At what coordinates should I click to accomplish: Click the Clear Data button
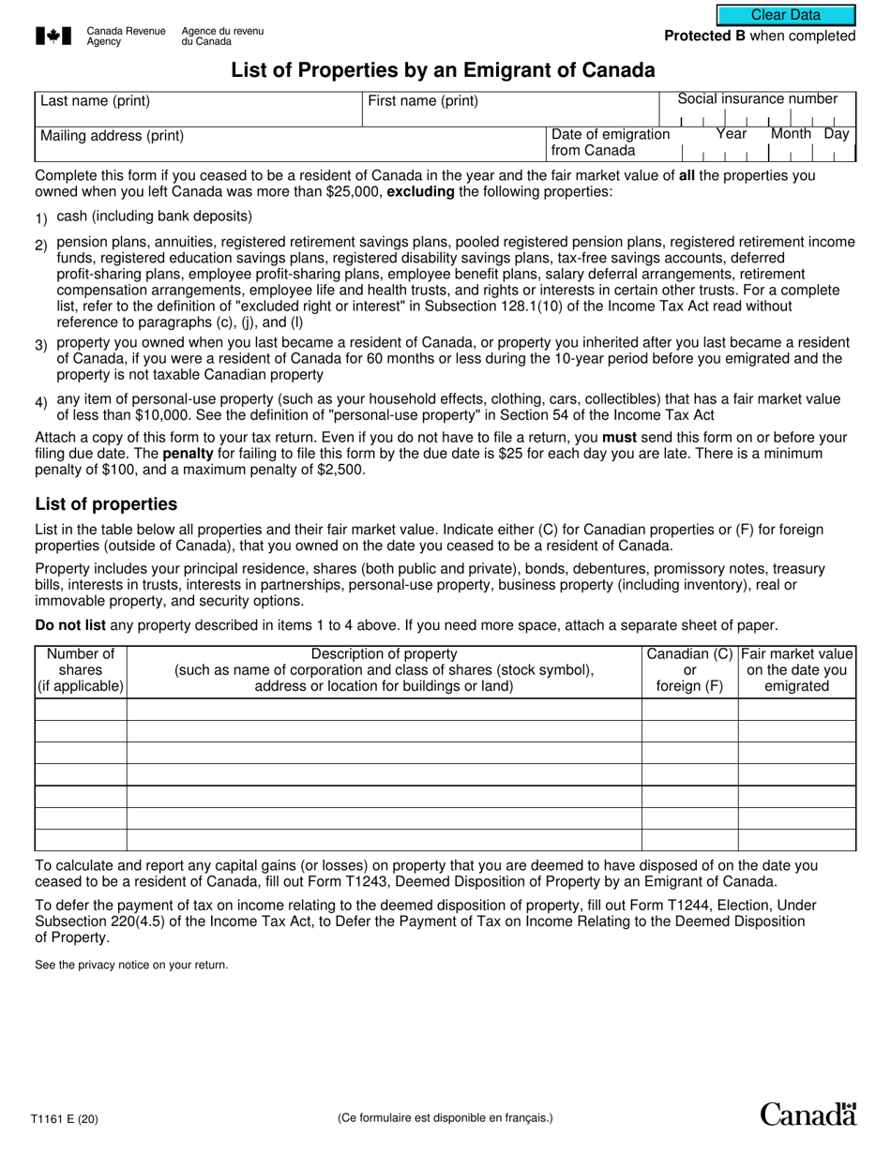pyautogui.click(x=786, y=15)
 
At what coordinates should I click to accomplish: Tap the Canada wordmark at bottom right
pyautogui.click(x=808, y=1114)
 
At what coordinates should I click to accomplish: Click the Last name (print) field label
pyautogui.click(x=95, y=101)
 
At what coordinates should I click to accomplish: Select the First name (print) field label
pyautogui.click(x=423, y=101)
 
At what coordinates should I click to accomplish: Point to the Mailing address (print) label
pyautogui.click(x=112, y=136)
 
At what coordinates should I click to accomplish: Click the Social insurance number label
pyautogui.click(x=757, y=99)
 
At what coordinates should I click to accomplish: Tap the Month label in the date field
pyautogui.click(x=790, y=134)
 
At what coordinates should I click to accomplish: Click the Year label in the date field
pyautogui.click(x=732, y=134)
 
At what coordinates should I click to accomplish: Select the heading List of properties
pyautogui.click(x=106, y=504)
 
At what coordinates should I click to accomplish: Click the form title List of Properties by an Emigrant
pyautogui.click(x=444, y=69)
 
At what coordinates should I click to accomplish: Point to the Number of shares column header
pyautogui.click(x=81, y=670)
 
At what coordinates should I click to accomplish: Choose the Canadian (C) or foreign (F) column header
pyautogui.click(x=689, y=670)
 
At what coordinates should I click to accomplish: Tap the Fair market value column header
pyautogui.click(x=796, y=670)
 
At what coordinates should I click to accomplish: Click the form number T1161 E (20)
pyautogui.click(x=63, y=1117)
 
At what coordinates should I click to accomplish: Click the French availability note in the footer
pyautogui.click(x=445, y=1117)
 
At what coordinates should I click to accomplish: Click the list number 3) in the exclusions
pyautogui.click(x=41, y=345)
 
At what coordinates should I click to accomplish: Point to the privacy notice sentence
pyautogui.click(x=131, y=965)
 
